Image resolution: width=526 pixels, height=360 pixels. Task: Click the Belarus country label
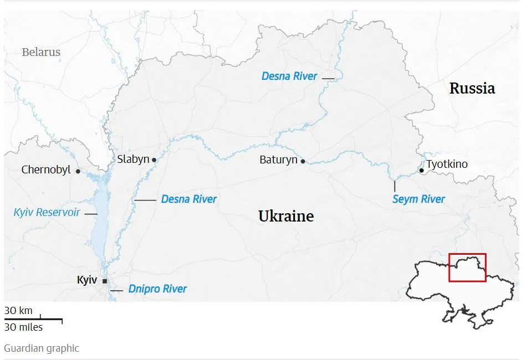[x=41, y=53]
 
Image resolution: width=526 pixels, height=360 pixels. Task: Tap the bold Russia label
[x=472, y=88]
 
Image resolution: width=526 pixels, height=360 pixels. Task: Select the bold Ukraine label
[x=286, y=216]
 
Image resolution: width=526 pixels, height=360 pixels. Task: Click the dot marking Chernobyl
[x=78, y=171]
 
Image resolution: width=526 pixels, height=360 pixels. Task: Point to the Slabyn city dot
[x=154, y=160]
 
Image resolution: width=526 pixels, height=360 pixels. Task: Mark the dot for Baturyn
[x=303, y=161]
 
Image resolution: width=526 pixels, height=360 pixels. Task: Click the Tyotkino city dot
[x=422, y=171]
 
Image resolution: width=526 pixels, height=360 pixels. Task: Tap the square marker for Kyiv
[x=104, y=281]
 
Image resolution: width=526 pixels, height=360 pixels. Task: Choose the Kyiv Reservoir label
[x=47, y=213]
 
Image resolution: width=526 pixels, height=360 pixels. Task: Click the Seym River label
[x=418, y=199]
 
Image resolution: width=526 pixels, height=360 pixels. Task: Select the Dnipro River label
[x=157, y=289]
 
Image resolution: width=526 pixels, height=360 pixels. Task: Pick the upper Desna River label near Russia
[x=289, y=76]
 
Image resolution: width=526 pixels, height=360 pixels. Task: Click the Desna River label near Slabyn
[x=188, y=199]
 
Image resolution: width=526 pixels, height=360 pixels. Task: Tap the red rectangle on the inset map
[x=467, y=268]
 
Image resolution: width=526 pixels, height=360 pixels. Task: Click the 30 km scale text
[x=18, y=311]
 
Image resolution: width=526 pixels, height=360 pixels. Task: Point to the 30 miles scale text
[x=23, y=327]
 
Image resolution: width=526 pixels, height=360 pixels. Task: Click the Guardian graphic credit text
[x=42, y=348]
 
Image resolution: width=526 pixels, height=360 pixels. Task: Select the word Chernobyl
[x=46, y=170]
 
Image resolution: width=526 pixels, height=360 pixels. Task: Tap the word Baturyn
[x=278, y=160]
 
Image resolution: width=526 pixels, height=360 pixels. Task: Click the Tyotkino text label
[x=447, y=164]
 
